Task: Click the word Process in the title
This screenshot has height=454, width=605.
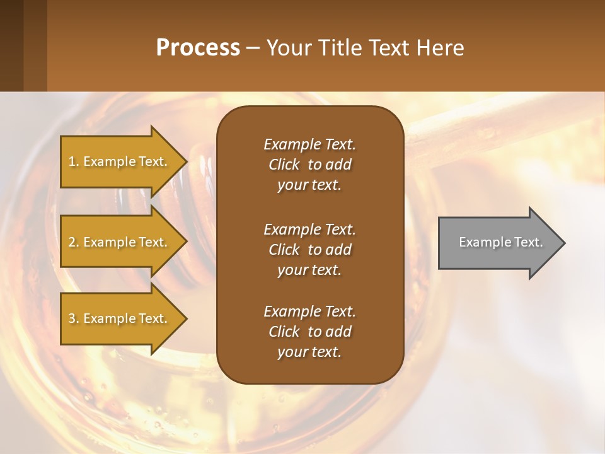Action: click(198, 48)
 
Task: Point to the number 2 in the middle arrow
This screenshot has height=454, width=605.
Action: click(72, 242)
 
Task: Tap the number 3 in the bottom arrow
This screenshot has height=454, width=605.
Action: click(72, 318)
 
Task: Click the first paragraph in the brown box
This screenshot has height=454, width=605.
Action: click(309, 165)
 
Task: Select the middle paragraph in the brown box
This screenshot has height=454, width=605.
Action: click(309, 249)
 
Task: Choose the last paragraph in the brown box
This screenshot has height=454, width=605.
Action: click(309, 332)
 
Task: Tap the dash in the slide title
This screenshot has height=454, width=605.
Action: click(253, 49)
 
